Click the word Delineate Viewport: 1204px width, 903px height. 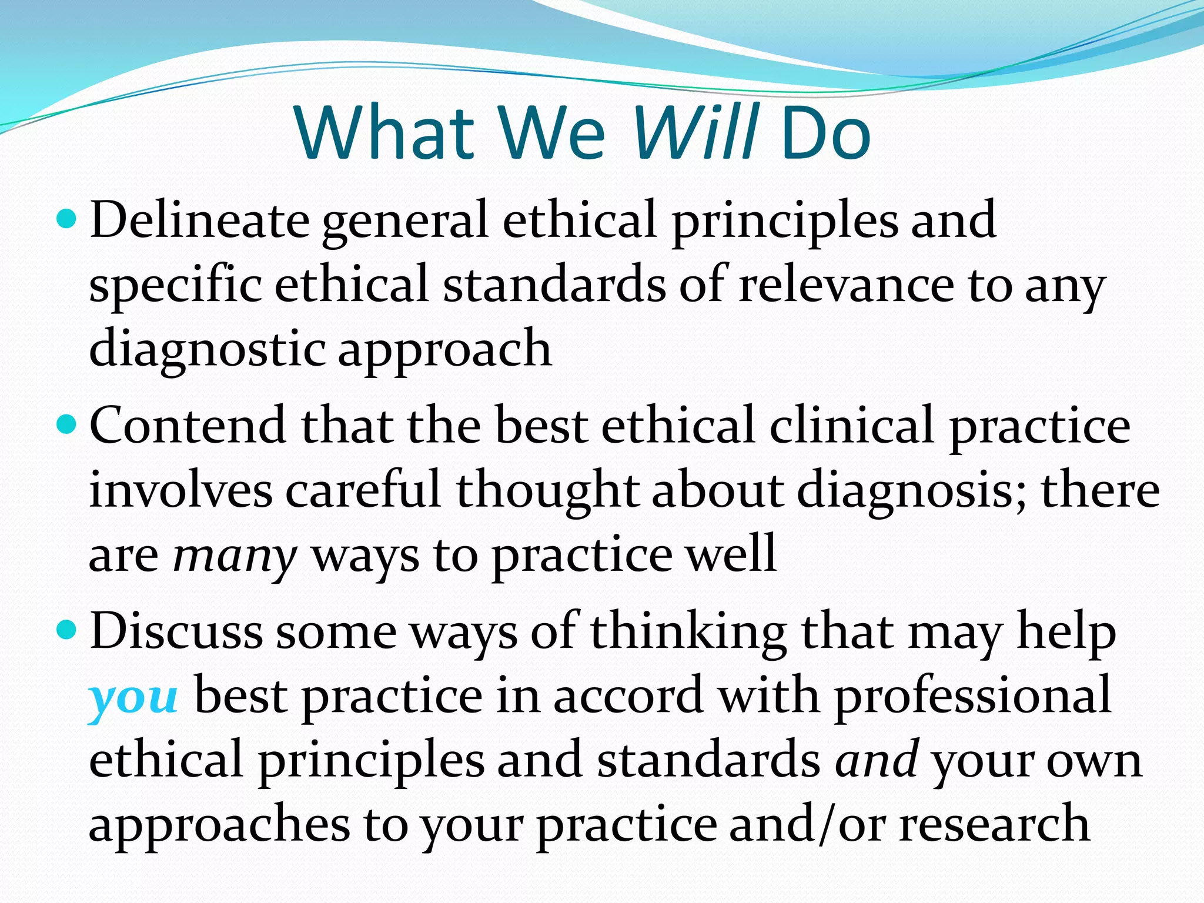(199, 220)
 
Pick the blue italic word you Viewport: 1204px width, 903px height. (133, 697)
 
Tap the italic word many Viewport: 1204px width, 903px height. (235, 556)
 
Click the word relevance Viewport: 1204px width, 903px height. (846, 285)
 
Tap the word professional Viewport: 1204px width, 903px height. (973, 697)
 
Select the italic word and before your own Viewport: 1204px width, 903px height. (877, 761)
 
